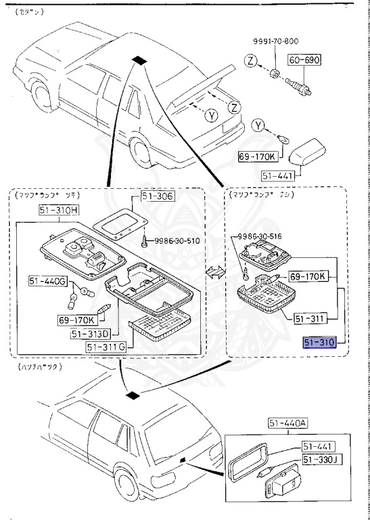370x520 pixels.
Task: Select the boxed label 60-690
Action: click(x=305, y=60)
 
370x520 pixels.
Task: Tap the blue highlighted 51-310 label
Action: click(x=319, y=343)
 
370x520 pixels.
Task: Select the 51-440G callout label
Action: click(x=47, y=280)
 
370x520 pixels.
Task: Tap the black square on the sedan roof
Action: click(x=139, y=60)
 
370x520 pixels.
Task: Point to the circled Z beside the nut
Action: click(x=250, y=62)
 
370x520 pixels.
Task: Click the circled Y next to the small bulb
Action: click(x=258, y=125)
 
